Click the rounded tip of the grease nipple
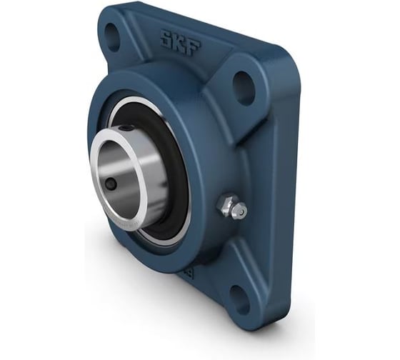[x=241, y=211]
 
